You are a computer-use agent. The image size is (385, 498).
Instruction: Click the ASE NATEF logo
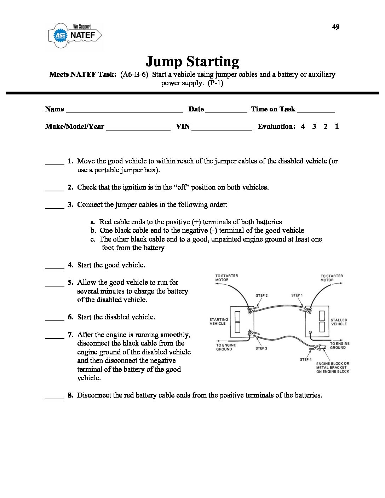[x=75, y=35]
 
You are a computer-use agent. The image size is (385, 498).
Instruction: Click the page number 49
[x=335, y=27]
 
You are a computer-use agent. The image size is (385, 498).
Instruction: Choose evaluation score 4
[x=303, y=126]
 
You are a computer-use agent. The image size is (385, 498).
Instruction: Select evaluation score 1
[x=337, y=126]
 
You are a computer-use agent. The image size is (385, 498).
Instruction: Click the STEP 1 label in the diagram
[x=297, y=295]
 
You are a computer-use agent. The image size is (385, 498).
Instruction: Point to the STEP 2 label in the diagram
[x=262, y=296]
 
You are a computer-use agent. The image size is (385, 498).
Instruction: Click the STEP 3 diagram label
[x=261, y=348]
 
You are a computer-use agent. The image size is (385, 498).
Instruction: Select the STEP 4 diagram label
[x=306, y=360]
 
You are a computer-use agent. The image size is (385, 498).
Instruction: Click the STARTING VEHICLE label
[x=219, y=322]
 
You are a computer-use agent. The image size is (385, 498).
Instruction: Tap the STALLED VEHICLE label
[x=339, y=322]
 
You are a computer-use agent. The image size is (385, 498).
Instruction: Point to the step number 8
[x=70, y=395]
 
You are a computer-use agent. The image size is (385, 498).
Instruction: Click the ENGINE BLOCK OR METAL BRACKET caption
[x=333, y=367]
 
